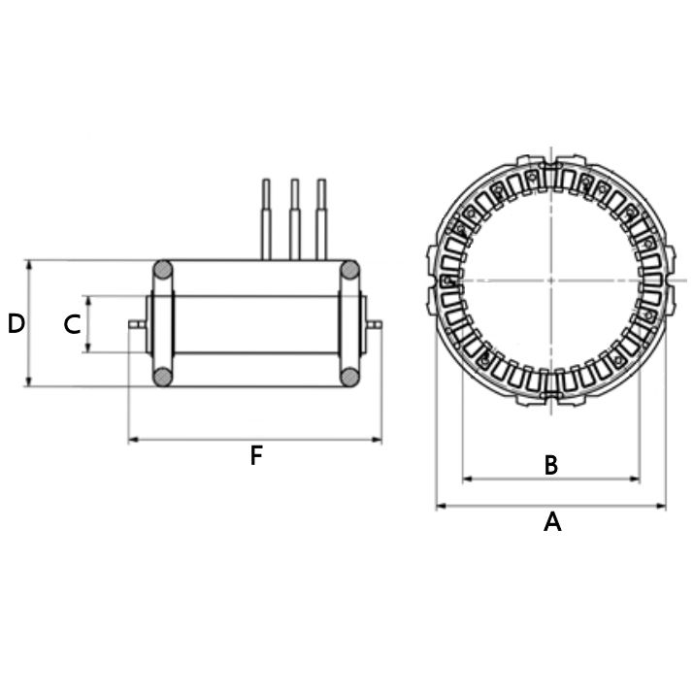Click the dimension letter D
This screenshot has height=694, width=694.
click(x=16, y=324)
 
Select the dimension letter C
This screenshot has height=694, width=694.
click(x=72, y=325)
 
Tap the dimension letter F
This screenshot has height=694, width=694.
click(x=256, y=455)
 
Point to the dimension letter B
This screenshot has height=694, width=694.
click(x=550, y=466)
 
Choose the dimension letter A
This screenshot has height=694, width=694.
click(x=551, y=522)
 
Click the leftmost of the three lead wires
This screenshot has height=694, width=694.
click(x=264, y=218)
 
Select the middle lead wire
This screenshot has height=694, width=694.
click(x=292, y=218)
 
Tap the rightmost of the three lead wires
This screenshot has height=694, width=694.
click(x=321, y=218)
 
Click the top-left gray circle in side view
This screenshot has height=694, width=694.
click(x=163, y=270)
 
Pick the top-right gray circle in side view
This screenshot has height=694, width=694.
click(x=348, y=270)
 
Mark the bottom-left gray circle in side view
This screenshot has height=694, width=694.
click(x=163, y=376)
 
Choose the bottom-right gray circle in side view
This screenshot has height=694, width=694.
click(x=348, y=376)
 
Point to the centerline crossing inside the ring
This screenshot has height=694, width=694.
click(x=551, y=281)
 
